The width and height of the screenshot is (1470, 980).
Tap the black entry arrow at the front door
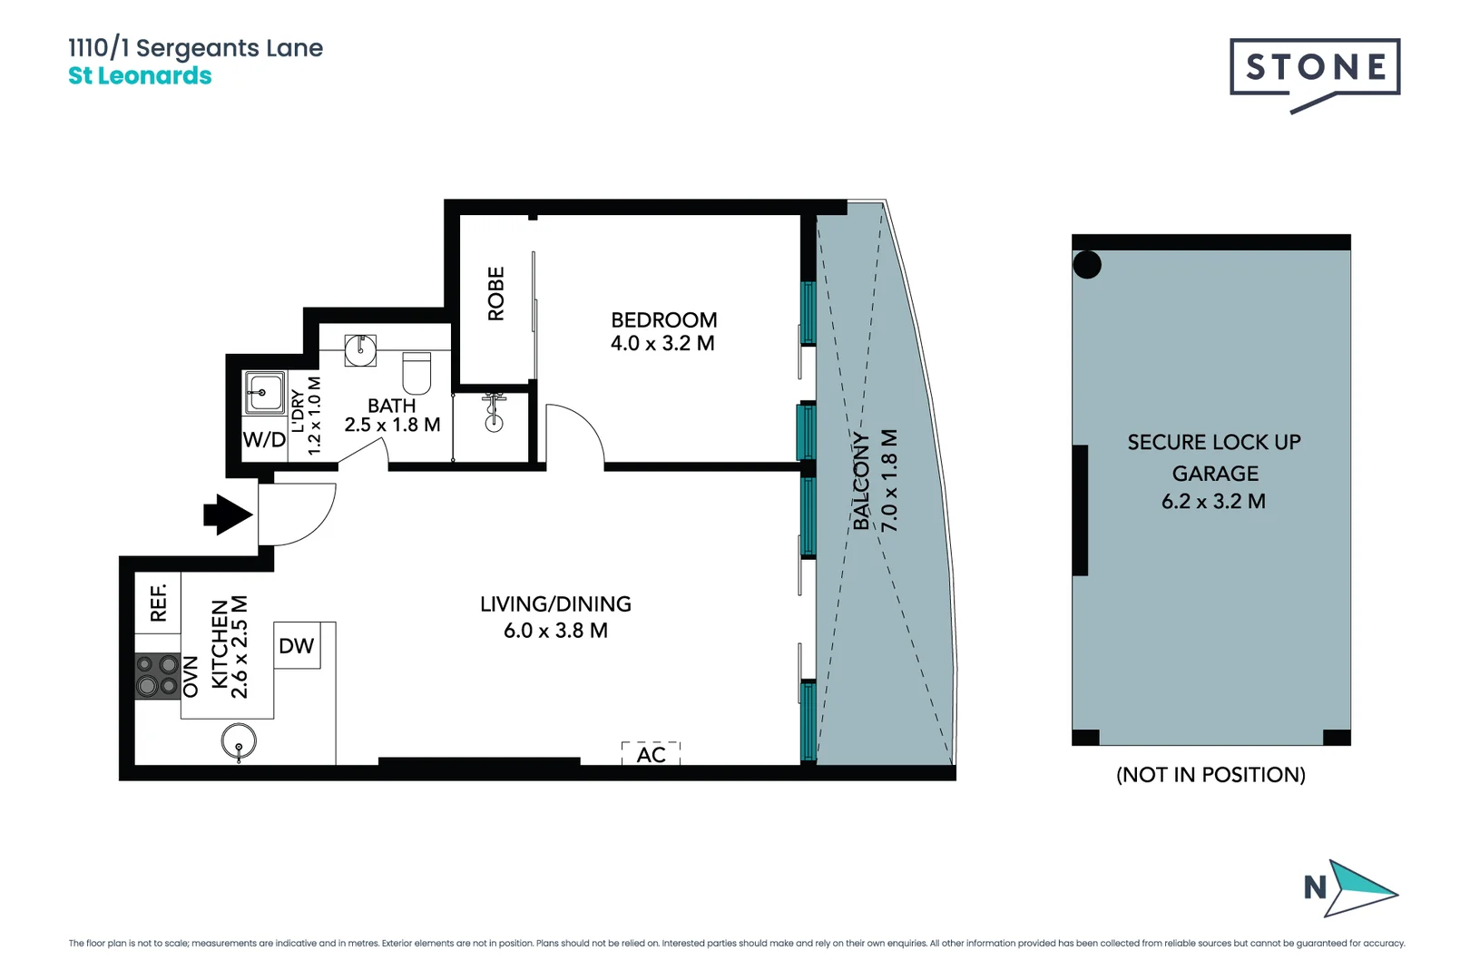(227, 514)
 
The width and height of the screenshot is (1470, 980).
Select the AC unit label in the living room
(651, 754)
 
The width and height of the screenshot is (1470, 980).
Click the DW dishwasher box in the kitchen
(297, 645)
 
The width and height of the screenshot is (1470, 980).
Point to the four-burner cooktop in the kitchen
(157, 676)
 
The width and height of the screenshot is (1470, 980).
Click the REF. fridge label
(158, 602)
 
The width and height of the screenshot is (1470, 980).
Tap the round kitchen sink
(239, 741)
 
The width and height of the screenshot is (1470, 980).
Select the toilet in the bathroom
(416, 372)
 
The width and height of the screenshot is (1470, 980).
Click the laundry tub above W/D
(264, 393)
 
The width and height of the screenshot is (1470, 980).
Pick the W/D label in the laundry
(264, 440)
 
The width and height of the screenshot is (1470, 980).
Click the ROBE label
(495, 293)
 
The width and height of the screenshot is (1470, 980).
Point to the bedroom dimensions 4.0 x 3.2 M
(662, 344)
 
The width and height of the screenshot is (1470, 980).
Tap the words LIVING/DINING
(555, 603)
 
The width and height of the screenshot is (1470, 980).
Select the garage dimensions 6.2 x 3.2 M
(1213, 501)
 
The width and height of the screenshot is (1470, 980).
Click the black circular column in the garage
(1087, 265)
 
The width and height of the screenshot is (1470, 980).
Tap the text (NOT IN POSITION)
(1210, 774)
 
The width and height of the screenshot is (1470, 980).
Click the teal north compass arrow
(1361, 887)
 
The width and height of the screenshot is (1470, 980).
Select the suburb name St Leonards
(140, 76)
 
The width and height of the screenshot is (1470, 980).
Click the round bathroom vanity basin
(360, 350)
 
